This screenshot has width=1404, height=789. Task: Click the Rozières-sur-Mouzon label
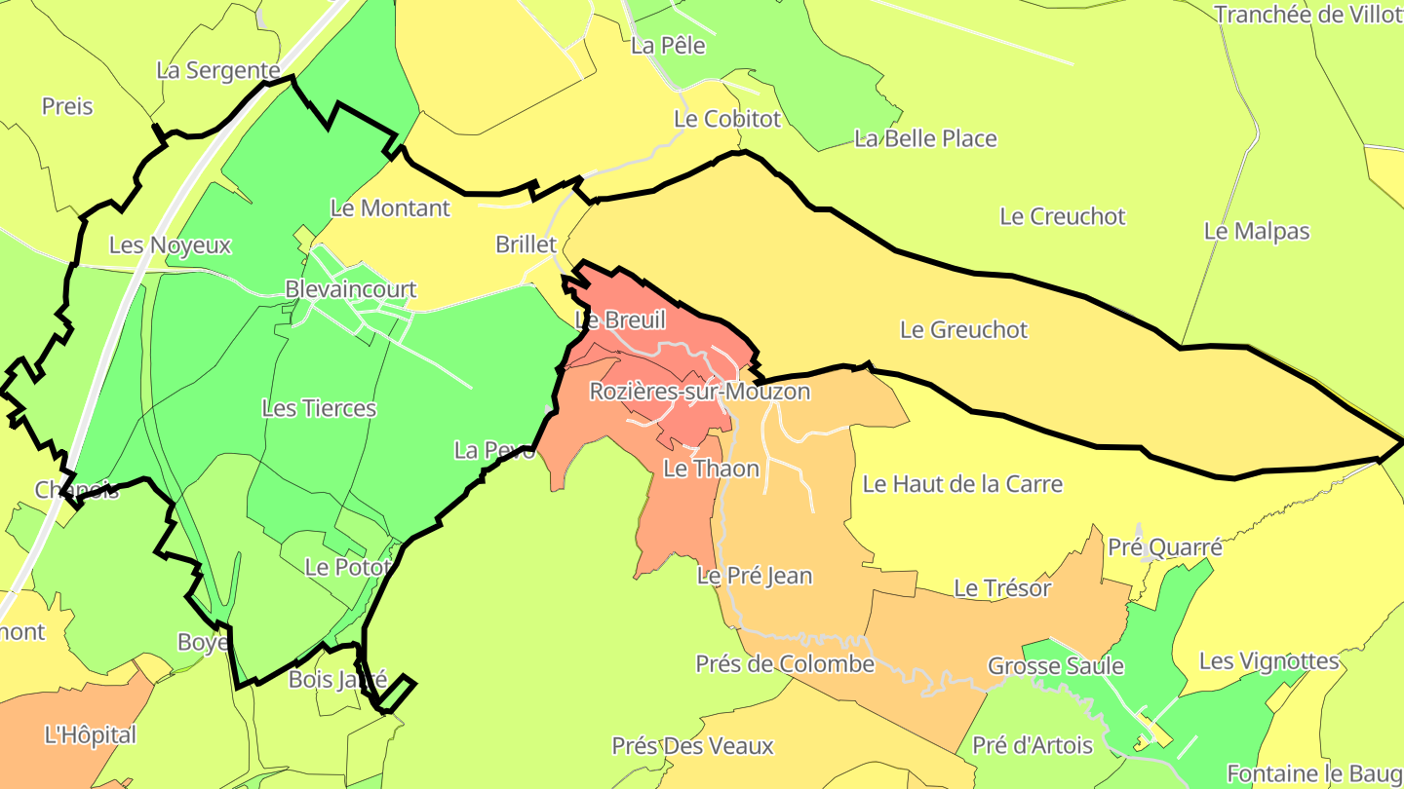coord(699,392)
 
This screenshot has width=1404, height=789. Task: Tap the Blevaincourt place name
coord(350,289)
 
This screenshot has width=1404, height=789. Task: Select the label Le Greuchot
coord(963,330)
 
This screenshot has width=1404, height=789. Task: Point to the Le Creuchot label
coord(1062,216)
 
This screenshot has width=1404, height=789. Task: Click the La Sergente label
coord(218,70)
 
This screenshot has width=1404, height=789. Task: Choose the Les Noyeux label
coord(170,245)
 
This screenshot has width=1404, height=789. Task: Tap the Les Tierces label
coord(319,408)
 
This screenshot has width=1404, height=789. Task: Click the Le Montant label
coord(390,207)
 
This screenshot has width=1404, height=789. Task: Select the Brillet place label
coord(526,244)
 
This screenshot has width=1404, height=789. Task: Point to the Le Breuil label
coord(620,319)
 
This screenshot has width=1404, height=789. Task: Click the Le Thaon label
coord(711,469)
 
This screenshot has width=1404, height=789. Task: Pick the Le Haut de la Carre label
coord(962,484)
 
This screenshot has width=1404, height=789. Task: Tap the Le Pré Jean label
coord(754,576)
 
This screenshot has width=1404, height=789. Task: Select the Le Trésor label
coord(1002,588)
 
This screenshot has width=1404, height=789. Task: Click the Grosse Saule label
coord(1055,666)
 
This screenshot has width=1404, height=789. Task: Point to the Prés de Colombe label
coord(785,664)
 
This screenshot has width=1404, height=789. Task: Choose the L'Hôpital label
coord(91,734)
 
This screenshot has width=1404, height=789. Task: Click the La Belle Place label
coord(925,139)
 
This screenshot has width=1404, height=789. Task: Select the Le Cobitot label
coord(727,119)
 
